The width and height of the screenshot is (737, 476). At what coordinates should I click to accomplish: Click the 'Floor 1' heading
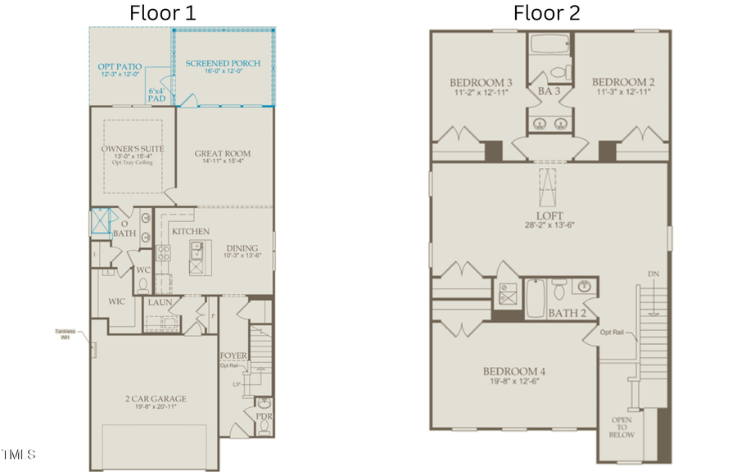pyautogui.click(x=163, y=12)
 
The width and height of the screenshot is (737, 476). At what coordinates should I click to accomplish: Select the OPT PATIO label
pyautogui.click(x=120, y=66)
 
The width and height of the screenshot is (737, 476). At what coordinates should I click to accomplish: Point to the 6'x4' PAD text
pyautogui.click(x=156, y=94)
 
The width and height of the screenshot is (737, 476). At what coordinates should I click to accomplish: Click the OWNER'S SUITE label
pyautogui.click(x=133, y=149)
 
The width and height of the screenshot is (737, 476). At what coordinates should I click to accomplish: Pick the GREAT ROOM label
pyautogui.click(x=223, y=153)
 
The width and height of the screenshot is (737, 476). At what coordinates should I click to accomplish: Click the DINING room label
pyautogui.click(x=242, y=248)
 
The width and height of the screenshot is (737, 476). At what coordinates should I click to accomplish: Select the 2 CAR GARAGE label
pyautogui.click(x=156, y=399)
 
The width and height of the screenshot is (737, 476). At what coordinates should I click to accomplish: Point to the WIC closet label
pyautogui.click(x=117, y=301)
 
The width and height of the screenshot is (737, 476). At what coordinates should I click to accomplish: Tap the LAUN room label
pyautogui.click(x=160, y=302)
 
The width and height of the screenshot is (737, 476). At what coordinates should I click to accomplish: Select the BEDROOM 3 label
pyautogui.click(x=481, y=83)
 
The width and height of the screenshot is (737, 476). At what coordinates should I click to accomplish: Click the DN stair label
pyautogui.click(x=652, y=274)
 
